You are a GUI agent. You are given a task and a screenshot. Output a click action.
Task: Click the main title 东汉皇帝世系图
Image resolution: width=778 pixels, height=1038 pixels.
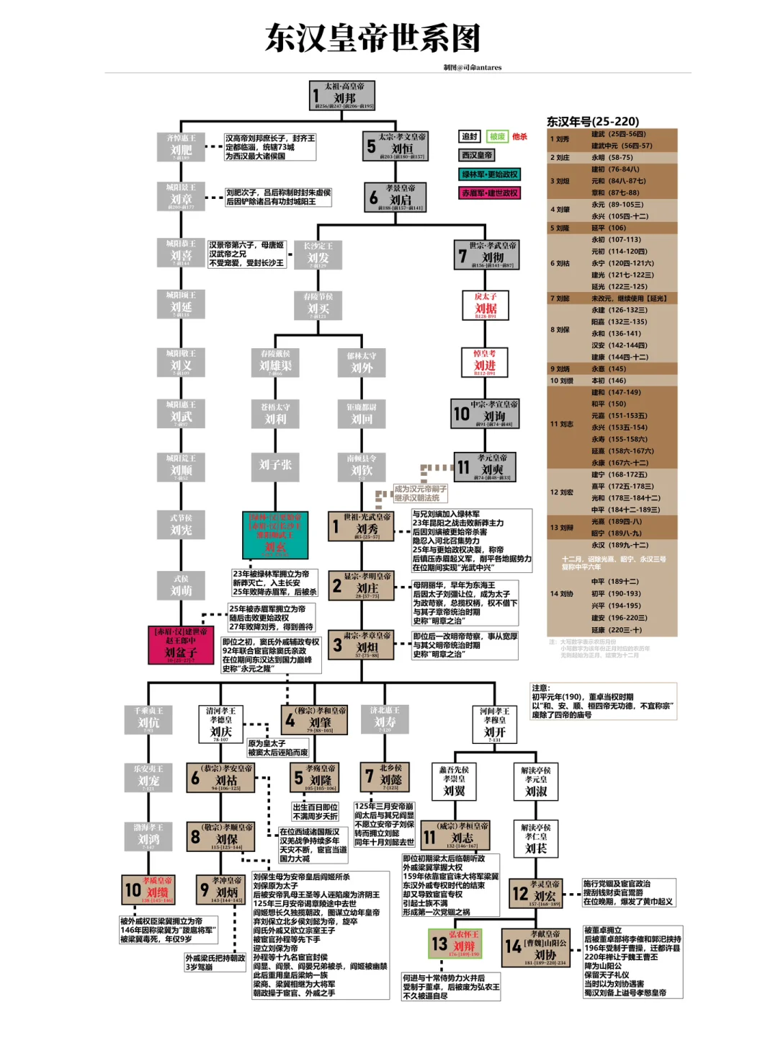pos(372,38)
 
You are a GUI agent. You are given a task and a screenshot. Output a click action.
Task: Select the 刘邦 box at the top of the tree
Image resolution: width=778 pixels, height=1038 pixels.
pos(343,95)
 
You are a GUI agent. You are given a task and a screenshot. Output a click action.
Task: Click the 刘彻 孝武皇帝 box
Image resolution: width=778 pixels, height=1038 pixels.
pos(486,254)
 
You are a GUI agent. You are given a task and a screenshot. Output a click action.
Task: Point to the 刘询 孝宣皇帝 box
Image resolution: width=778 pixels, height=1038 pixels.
pos(486,414)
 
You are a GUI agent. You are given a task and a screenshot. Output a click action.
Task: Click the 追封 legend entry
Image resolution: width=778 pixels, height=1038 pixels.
pos(470,136)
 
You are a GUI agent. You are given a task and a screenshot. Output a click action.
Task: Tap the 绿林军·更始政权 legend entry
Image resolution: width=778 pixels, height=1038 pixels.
pos(490,174)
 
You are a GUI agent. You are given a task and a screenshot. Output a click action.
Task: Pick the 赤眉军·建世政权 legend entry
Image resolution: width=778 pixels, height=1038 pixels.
pos(490,193)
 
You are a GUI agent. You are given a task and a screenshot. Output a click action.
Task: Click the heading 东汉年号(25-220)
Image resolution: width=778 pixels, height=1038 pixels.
pos(593,121)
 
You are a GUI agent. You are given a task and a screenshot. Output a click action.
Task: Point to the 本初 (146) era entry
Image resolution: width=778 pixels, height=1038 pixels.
pos(609,381)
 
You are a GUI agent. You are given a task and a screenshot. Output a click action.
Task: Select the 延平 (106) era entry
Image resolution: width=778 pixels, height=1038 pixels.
pos(609,228)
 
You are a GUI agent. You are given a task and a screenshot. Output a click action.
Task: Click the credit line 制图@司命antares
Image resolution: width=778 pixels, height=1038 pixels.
pos(473,68)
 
